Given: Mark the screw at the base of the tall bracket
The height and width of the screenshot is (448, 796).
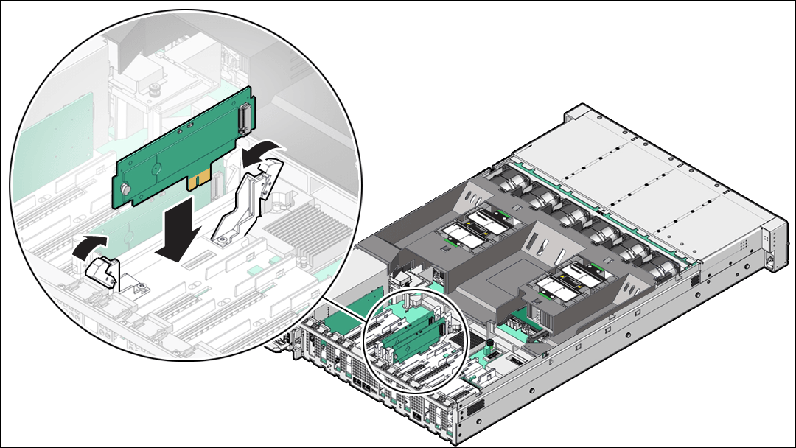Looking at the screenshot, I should coord(220,237).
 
